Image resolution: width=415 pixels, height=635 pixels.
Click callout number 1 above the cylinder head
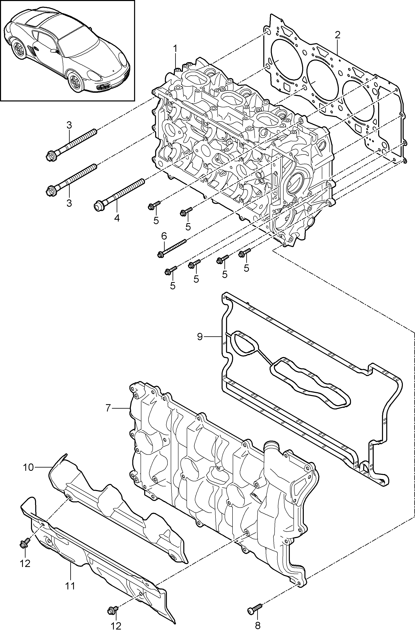click(175, 49)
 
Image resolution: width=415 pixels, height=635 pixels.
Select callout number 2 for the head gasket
click(338, 35)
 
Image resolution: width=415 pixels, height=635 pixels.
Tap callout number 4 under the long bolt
click(117, 218)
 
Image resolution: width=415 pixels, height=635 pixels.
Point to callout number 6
click(164, 236)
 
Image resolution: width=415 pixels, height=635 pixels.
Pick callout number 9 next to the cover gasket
click(200, 337)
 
